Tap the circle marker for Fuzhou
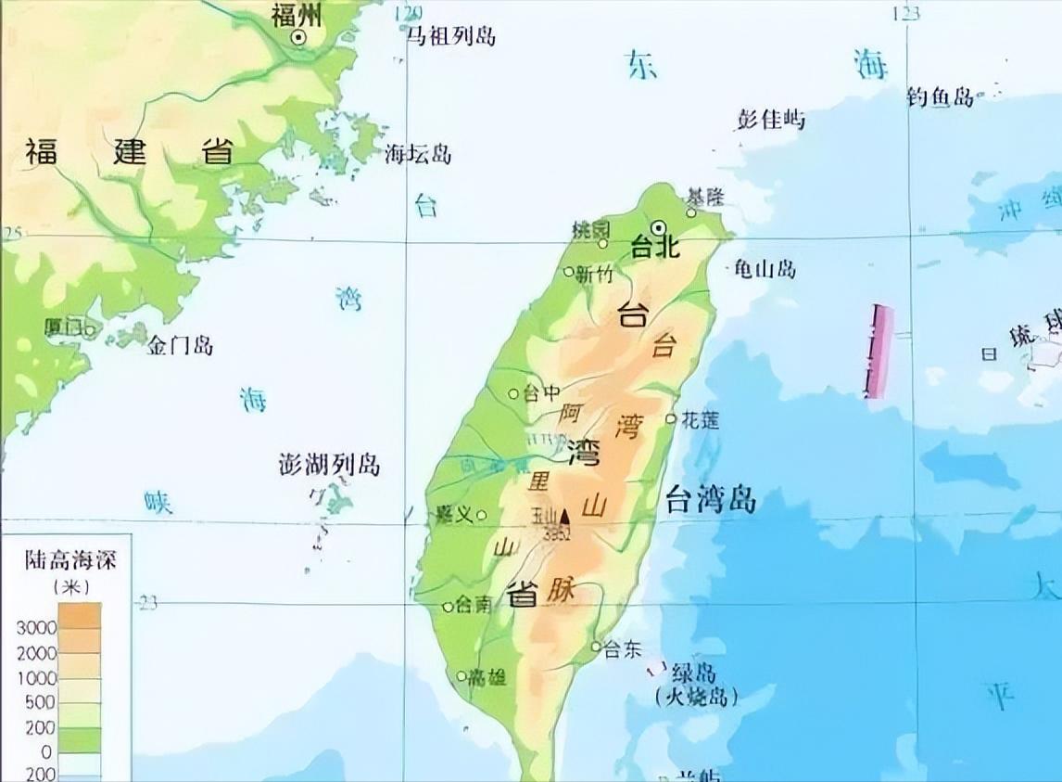[298, 37]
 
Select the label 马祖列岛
[451, 36]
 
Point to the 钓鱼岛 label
[940, 96]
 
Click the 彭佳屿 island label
[771, 119]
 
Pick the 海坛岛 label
[418, 154]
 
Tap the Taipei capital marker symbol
[658, 227]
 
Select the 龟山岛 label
[765, 269]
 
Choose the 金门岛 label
[180, 346]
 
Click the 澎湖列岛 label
[329, 464]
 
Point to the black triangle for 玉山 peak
[564, 516]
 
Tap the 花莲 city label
[700, 419]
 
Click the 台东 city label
[622, 649]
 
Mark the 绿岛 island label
[694, 673]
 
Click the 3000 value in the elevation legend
[37, 628]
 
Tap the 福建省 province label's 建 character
[130, 151]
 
